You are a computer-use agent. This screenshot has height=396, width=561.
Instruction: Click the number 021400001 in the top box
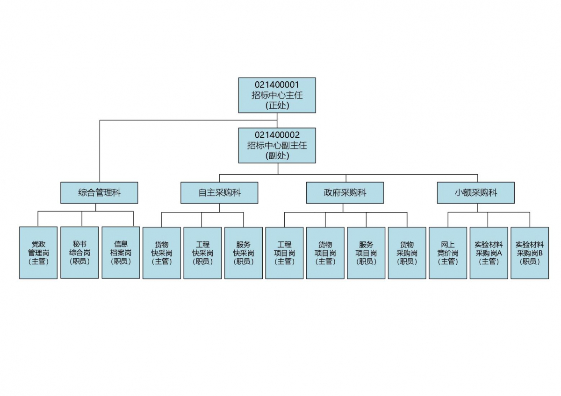click(x=277, y=85)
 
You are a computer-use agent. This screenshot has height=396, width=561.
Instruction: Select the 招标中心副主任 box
click(x=277, y=145)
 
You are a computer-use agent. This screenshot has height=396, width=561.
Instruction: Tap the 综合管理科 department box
click(x=99, y=192)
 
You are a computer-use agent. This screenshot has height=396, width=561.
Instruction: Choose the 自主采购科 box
click(x=219, y=192)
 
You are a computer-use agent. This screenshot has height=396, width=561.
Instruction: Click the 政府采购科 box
click(x=345, y=192)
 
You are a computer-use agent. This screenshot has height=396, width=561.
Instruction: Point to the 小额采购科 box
click(x=476, y=192)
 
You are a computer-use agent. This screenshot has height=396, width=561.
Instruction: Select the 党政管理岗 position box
click(x=38, y=253)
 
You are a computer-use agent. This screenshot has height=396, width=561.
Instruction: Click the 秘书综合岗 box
click(x=79, y=253)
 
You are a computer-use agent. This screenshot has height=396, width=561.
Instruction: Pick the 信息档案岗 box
click(x=121, y=253)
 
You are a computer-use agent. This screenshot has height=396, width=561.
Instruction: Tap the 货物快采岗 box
click(x=162, y=253)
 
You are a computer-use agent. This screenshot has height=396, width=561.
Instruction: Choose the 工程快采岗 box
click(x=202, y=253)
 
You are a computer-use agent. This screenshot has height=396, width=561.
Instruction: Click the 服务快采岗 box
click(x=244, y=253)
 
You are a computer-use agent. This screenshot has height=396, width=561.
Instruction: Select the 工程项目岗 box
click(x=284, y=253)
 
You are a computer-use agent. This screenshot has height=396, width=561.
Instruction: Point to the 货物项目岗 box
click(x=325, y=253)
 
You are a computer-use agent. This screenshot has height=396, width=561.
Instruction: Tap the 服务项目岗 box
click(x=366, y=253)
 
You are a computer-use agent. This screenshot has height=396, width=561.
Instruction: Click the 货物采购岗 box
click(x=407, y=253)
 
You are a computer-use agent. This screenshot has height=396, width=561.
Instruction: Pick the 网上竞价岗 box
click(x=448, y=253)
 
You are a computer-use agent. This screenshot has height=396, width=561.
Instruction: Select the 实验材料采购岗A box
click(x=489, y=253)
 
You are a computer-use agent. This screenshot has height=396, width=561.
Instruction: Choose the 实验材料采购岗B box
click(x=530, y=253)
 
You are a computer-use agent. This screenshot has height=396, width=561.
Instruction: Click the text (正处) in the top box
click(x=277, y=105)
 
